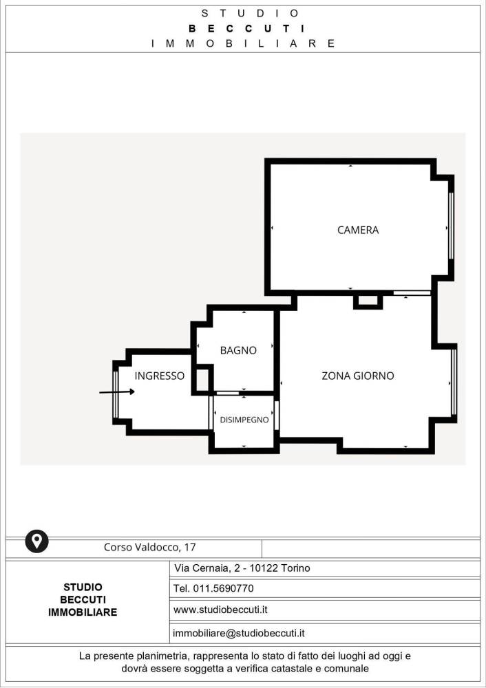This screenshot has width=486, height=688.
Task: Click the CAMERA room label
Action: (358, 230)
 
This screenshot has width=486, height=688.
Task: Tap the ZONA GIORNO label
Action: (358, 376)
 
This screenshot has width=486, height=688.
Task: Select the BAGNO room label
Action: (238, 350)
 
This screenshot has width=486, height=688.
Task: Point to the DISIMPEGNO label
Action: (244, 420)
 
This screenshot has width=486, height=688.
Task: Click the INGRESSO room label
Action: (160, 376)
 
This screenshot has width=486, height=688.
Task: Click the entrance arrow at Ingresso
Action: (117, 392)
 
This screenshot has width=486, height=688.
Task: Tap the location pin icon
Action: (37, 541)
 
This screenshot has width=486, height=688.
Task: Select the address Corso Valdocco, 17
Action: (149, 547)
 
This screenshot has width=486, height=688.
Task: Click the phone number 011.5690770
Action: (224, 588)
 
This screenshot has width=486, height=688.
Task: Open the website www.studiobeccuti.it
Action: (220, 610)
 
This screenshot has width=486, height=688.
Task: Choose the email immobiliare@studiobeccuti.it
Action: (239, 633)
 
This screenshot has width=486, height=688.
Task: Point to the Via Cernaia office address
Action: (242, 568)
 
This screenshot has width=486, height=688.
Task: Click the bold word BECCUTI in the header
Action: (246, 29)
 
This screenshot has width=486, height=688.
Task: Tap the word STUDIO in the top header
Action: (251, 14)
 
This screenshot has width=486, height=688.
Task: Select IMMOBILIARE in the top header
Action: (243, 43)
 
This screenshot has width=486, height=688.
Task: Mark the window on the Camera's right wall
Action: (451, 226)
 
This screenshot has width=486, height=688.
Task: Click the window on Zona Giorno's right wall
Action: (454, 382)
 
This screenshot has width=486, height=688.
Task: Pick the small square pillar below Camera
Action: (368, 301)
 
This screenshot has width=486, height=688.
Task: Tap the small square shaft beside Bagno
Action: (202, 380)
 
